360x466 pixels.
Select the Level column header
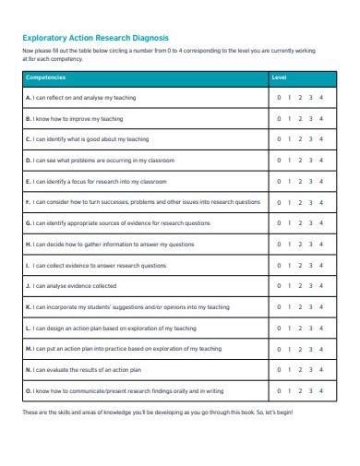tap(278, 77)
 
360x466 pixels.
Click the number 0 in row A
tap(278, 97)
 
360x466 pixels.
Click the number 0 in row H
tap(278, 244)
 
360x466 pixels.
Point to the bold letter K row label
tap(29, 306)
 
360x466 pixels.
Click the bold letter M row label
tap(30, 348)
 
